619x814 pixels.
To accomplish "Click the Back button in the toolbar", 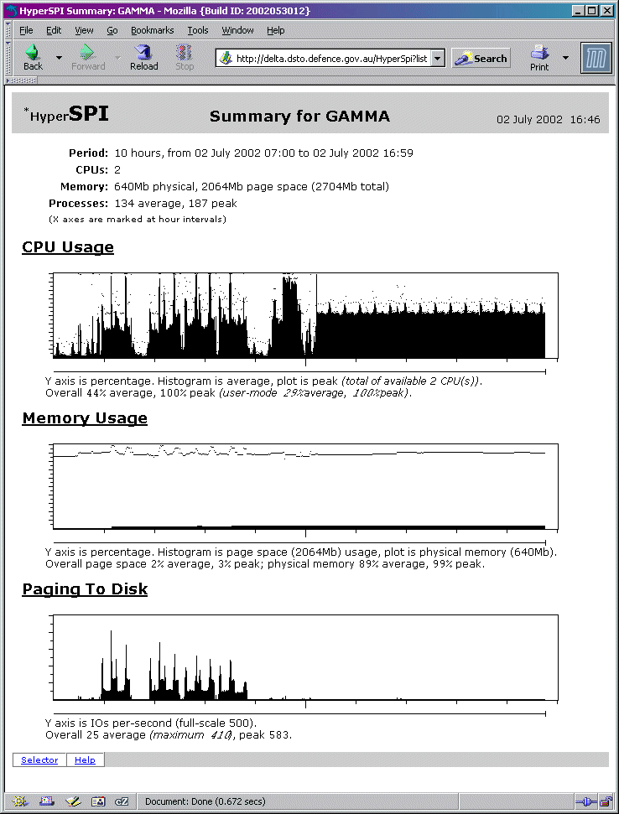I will pos(33,57).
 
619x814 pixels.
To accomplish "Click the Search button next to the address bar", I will pos(481,59).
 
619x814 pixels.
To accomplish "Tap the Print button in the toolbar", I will pos(539,57).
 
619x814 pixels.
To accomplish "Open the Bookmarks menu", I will pos(152,30).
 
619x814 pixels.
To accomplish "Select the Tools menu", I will pos(198,30).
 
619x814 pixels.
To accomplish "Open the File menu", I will pos(27,30).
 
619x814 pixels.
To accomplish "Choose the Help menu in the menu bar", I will pos(276,30).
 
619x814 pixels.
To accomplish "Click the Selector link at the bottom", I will pos(39,760).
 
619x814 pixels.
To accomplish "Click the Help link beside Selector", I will pos(85,760).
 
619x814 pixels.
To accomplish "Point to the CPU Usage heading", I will pos(68,247).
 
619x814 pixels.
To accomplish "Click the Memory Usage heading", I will pos(85,418).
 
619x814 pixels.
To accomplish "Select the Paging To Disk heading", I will pos(85,589).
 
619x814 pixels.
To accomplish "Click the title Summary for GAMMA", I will pos(299,117).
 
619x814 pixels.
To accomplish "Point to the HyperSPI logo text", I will pos(68,115).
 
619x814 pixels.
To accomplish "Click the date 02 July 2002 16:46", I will pos(548,120).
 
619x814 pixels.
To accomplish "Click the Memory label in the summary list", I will pos(84,186).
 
